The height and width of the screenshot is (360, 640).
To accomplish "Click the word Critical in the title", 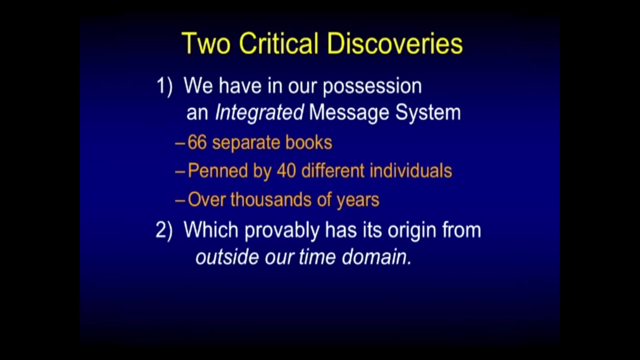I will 279,44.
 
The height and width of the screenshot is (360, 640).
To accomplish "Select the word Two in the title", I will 206,44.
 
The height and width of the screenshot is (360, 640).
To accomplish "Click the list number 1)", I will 164,86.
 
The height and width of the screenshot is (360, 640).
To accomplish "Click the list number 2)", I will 164,230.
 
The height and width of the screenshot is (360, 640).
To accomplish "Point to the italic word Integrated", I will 259,113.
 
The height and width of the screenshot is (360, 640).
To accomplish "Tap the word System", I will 428,113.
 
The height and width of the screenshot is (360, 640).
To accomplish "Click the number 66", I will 197,143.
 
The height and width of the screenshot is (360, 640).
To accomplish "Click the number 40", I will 286,171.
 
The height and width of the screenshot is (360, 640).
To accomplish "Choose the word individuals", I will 411,171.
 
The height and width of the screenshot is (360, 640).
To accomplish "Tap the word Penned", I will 218,171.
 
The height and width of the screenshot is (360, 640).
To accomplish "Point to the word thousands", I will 271,200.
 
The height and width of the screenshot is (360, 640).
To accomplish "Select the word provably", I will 282,231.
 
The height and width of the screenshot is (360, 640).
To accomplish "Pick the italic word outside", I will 227,257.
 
